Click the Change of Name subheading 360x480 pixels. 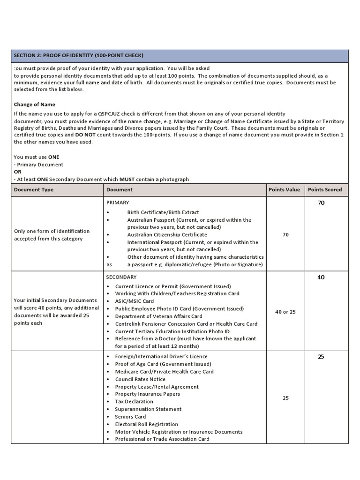point(34,105)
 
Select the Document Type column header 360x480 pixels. point(34,190)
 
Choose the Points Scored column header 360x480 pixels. point(325,190)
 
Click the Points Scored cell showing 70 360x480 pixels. point(321,203)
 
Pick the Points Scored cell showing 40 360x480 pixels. point(321,277)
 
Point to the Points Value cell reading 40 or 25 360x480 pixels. point(285,312)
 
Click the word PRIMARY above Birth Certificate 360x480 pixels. point(117,202)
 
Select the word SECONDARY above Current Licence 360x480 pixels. point(121,277)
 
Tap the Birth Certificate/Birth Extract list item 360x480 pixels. point(163,212)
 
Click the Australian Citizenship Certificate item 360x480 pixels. point(167,234)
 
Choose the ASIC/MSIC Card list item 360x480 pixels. point(135,301)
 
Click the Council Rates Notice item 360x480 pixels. point(140,379)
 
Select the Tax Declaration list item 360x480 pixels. point(134,402)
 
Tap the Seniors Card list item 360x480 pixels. point(131,417)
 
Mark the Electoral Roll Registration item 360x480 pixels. point(147,424)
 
